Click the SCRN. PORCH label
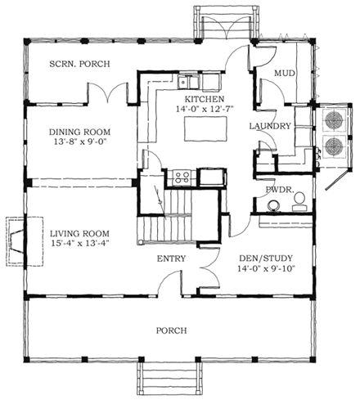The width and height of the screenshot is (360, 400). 79,64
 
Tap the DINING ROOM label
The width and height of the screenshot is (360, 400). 79,132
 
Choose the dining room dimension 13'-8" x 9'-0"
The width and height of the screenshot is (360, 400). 79,143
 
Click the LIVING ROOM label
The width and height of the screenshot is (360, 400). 79,232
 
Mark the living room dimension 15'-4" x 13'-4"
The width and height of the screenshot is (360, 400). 79,244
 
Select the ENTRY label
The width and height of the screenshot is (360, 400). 170,259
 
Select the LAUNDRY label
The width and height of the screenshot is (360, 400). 272,126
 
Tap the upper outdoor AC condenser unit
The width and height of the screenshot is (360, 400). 335,120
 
